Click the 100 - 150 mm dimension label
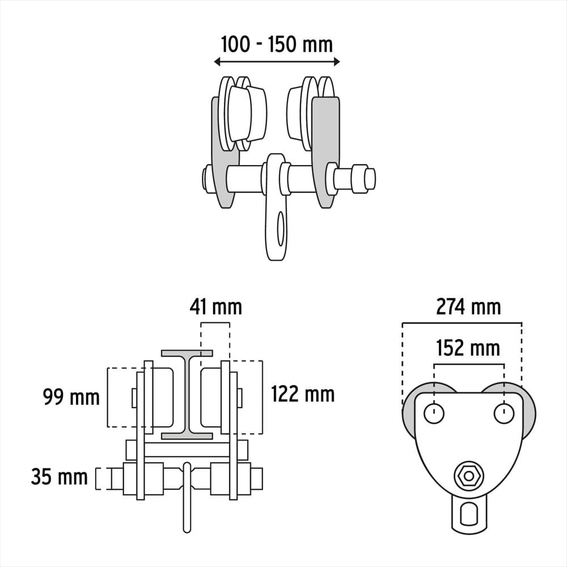276,44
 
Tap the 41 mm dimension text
215,307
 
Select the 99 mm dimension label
71,397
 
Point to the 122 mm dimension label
303,393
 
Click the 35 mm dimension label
59,477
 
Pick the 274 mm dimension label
468,307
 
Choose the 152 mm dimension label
468,348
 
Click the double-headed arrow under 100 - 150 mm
277,62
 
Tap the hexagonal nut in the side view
469,475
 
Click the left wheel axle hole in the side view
434,414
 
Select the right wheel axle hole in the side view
503,414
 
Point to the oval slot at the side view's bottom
469,514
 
